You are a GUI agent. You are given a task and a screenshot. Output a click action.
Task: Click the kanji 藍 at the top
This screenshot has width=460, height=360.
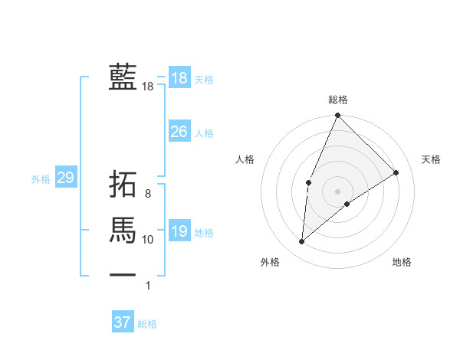coord(123,77)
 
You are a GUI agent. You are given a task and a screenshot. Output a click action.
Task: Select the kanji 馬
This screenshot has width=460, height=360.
coord(123,230)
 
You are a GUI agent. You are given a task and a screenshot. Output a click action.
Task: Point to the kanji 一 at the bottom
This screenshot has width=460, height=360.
coord(123,274)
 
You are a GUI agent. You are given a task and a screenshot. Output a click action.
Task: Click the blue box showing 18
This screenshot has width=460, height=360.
coord(179,78)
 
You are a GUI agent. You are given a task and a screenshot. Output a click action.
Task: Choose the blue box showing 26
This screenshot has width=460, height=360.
coord(179,132)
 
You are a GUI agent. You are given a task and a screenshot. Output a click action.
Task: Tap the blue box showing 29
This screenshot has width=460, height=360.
coord(65,178)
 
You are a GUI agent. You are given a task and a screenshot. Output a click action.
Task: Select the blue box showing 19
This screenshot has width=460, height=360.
coord(179,231)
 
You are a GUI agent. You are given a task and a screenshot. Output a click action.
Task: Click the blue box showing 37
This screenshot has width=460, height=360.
coord(123,322)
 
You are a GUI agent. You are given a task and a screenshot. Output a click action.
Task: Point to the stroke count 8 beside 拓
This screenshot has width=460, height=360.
coord(148,194)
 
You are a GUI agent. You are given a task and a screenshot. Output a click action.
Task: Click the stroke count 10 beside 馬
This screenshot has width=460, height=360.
coord(148,240)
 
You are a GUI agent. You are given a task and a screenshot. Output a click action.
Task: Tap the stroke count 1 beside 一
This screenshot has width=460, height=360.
coord(148,286)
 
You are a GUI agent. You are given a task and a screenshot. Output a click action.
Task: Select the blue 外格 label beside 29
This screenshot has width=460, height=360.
coord(41,179)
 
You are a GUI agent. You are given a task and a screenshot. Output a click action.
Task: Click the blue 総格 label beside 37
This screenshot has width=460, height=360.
coord(147,324)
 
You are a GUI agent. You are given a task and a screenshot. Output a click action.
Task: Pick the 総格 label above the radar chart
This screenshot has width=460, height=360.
coord(338,100)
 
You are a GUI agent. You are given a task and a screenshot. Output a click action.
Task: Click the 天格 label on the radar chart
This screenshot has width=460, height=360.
coord(432,159)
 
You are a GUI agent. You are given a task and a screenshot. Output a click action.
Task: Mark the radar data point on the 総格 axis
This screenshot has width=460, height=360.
coord(337,116)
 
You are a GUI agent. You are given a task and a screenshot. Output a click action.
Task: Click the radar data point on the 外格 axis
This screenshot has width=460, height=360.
coord(302,241)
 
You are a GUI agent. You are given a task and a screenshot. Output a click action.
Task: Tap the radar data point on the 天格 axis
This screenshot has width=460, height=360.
coord(396,172)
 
